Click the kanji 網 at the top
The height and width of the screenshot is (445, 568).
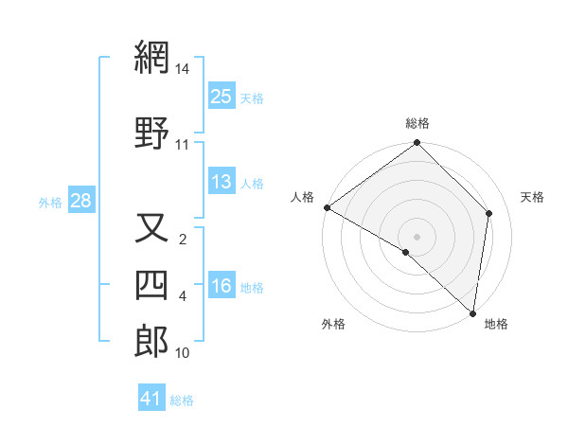click(151, 59)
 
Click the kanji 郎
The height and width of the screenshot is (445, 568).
click(151, 342)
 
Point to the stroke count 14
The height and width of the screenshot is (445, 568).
click(183, 70)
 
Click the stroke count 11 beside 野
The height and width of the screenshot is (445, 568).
click(183, 145)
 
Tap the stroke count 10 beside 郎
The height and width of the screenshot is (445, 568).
click(183, 353)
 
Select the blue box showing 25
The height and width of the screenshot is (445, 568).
click(222, 96)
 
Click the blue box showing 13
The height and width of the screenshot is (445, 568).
click(222, 182)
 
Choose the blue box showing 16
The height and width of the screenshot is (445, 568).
click(222, 287)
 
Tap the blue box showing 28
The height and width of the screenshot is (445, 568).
click(80, 201)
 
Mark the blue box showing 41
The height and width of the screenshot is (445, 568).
click(151, 399)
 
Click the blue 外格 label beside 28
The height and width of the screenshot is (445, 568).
click(50, 202)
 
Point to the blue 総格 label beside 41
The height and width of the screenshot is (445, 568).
click(182, 400)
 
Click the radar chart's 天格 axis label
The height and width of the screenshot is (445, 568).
click(532, 197)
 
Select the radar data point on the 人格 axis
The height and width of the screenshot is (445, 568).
click(327, 207)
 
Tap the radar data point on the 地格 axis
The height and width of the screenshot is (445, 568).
click(472, 313)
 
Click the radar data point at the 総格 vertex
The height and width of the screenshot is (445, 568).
click(417, 143)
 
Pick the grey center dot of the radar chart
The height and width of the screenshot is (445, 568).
click(417, 236)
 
